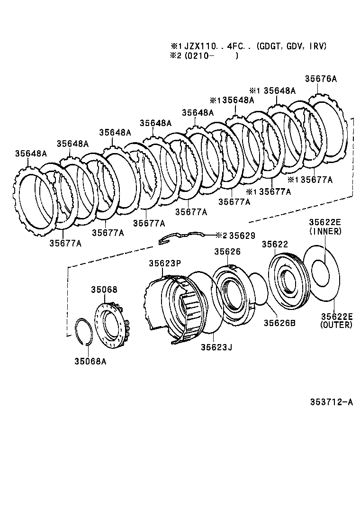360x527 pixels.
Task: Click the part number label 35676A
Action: tap(321, 79)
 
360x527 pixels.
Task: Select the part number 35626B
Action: tap(279, 323)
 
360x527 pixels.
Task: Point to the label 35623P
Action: tap(165, 263)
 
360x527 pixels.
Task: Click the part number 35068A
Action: tap(90, 362)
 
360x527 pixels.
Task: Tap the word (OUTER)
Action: tap(336, 325)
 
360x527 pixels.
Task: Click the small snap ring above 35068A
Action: tap(86, 330)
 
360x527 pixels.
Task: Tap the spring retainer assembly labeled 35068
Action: tap(112, 322)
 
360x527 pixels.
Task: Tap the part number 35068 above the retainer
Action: tap(104, 290)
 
